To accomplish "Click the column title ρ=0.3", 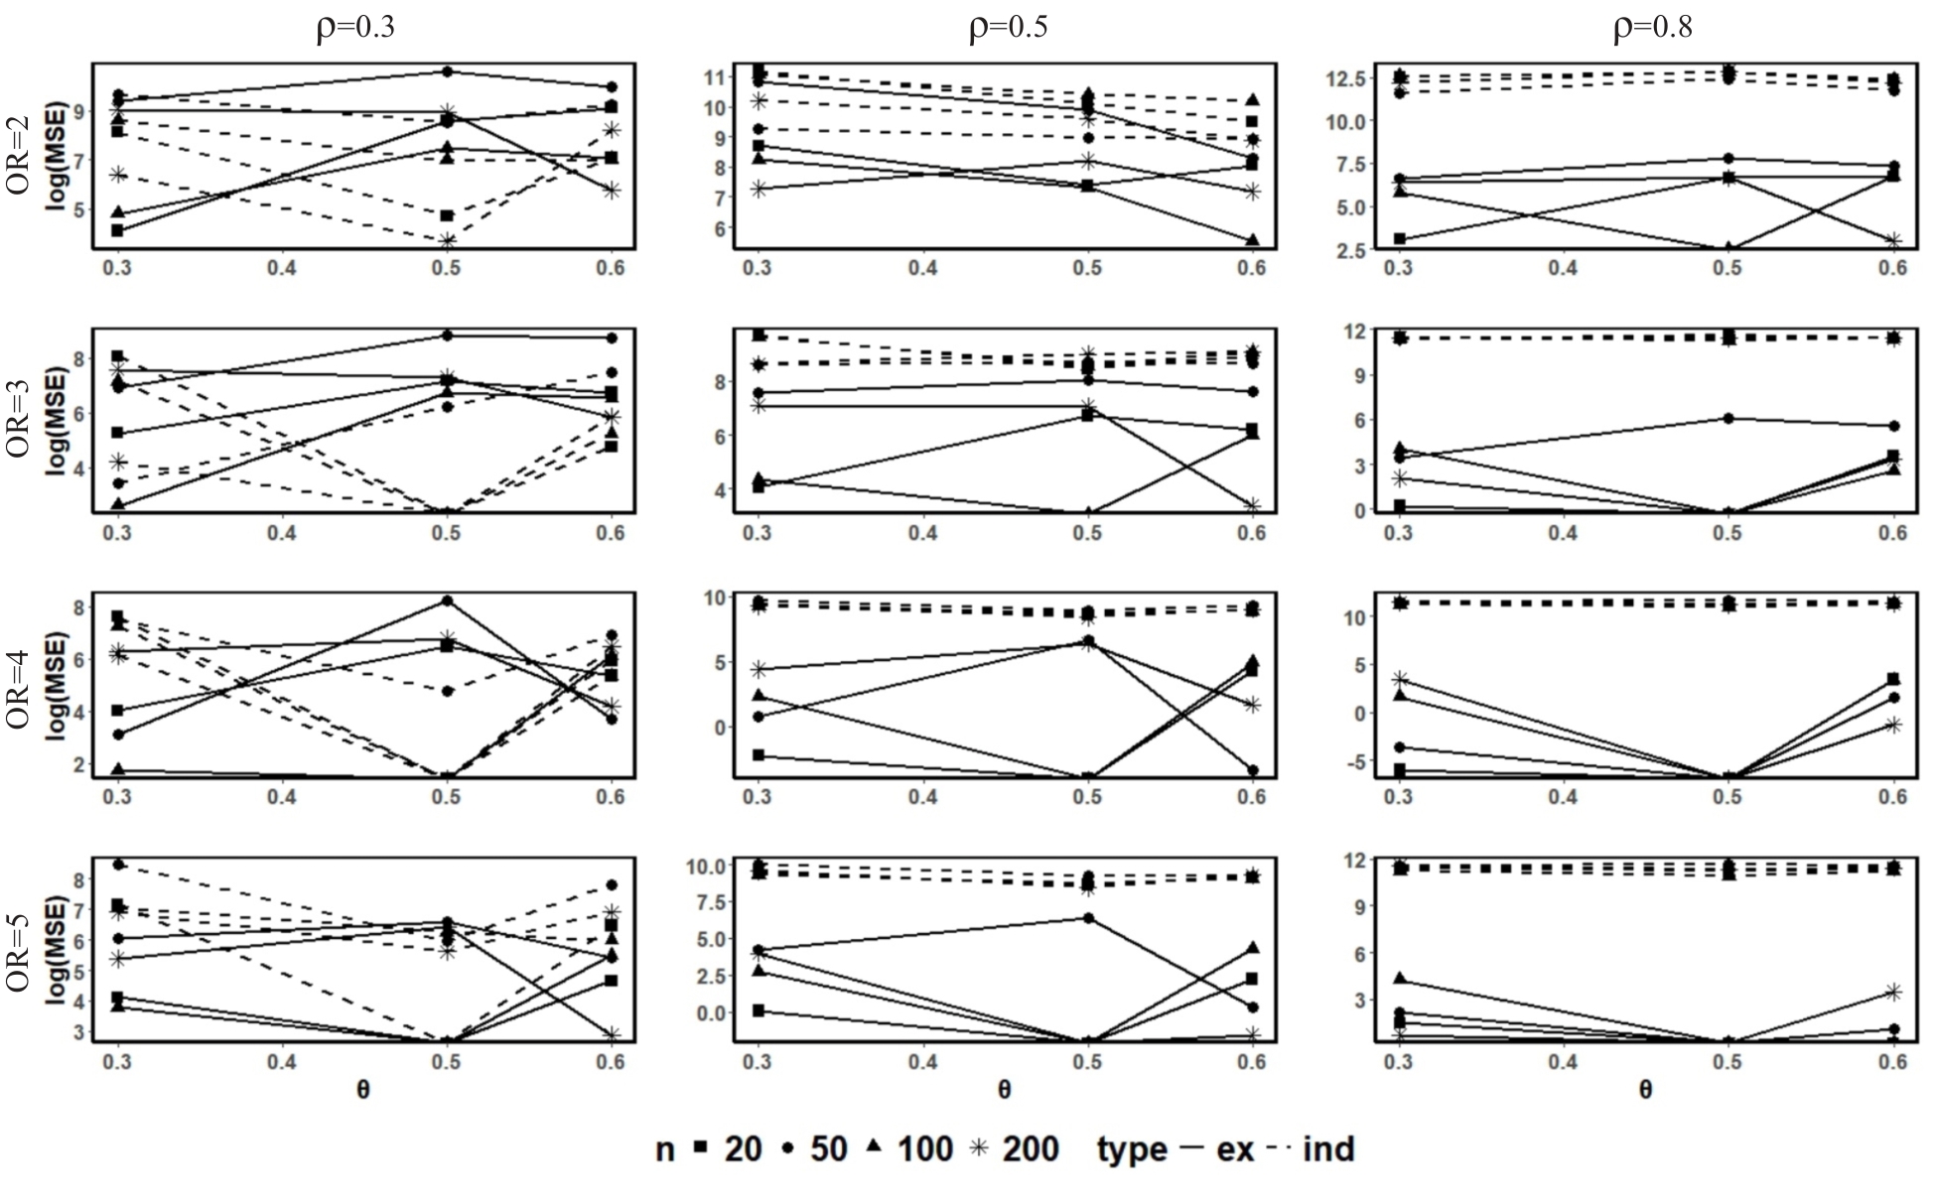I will click(x=355, y=27).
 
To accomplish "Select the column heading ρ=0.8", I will click(x=1652, y=27).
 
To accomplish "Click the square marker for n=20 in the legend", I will click(x=700, y=1148).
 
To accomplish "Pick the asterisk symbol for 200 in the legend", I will click(x=979, y=1148).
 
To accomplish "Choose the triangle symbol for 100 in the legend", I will click(x=874, y=1147).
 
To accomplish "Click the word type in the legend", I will click(x=1132, y=1149).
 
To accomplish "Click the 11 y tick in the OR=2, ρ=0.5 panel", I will click(x=714, y=76).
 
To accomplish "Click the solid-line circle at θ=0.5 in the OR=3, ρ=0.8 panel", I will click(x=1728, y=418).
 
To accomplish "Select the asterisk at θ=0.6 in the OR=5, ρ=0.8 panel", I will click(x=1893, y=992).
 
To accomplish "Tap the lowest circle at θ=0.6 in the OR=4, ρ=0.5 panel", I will click(x=1253, y=770).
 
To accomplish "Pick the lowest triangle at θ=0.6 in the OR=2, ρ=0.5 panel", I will click(x=1253, y=240).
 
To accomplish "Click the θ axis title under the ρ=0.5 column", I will click(x=1005, y=1090).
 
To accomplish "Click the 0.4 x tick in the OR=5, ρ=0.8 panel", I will click(x=1564, y=1062).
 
